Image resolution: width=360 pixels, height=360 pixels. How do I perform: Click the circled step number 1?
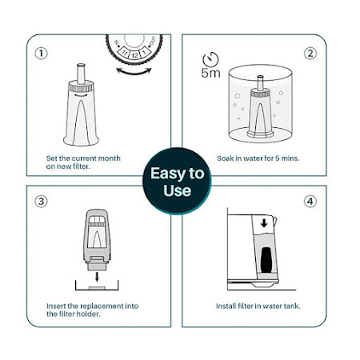tap(41, 54)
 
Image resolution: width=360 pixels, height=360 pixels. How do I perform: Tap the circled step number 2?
tap(310, 54)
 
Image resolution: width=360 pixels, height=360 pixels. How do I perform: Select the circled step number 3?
tap(41, 201)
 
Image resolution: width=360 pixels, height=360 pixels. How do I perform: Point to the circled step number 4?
tap(310, 201)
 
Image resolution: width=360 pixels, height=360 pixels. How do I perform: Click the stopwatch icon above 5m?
tap(210, 59)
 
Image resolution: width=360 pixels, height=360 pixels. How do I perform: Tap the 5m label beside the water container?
tap(210, 73)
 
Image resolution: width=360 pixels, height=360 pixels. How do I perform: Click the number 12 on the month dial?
tap(135, 55)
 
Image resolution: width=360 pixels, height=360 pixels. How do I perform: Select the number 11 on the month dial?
tap(125, 53)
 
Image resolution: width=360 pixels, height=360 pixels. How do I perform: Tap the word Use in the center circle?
tap(178, 190)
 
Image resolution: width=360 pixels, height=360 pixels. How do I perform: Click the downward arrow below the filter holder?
tap(97, 277)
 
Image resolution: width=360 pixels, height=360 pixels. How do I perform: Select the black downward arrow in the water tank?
tap(264, 223)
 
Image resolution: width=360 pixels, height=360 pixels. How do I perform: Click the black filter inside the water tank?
tap(266, 260)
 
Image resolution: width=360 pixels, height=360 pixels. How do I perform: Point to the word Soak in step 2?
tap(226, 158)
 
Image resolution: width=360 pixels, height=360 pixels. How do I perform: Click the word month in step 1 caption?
tap(110, 158)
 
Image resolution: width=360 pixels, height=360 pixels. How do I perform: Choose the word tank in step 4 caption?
tap(292, 306)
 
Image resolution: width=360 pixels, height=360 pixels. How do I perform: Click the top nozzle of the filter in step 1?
tap(81, 73)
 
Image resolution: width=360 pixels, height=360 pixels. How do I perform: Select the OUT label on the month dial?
tap(152, 42)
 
